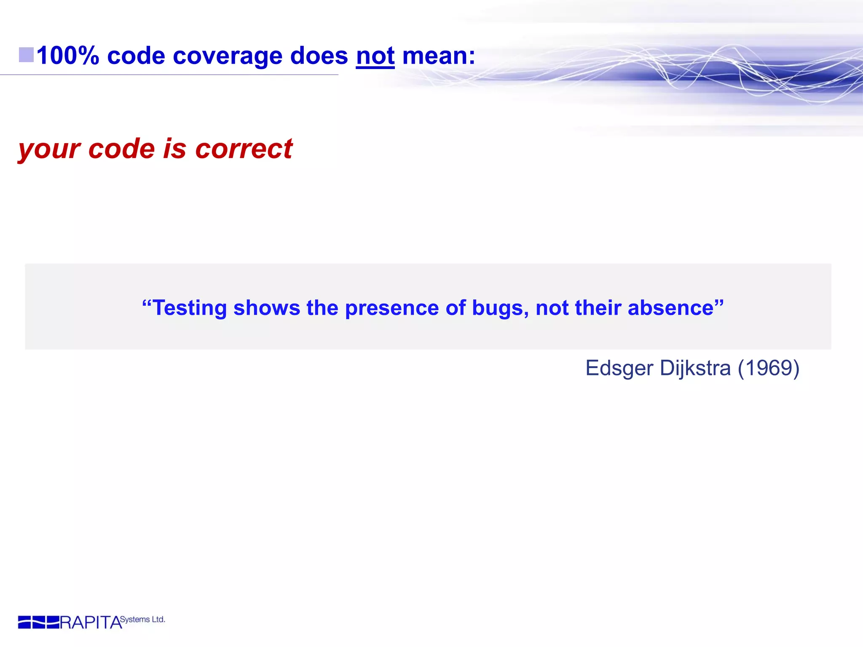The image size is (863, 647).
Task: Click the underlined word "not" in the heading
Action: click(375, 56)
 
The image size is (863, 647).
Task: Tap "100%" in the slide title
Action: click(68, 56)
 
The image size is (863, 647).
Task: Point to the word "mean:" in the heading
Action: click(439, 56)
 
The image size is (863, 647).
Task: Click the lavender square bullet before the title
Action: click(26, 55)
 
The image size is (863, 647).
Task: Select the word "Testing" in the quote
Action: click(189, 308)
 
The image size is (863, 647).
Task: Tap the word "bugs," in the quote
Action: click(500, 308)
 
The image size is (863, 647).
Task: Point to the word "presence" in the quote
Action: click(391, 308)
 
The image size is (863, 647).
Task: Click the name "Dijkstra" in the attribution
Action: click(695, 369)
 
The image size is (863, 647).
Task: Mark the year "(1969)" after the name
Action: click(768, 368)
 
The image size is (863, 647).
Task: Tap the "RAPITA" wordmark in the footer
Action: click(91, 623)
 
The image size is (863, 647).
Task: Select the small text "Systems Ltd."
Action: click(142, 619)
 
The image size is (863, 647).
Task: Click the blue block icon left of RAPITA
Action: click(38, 622)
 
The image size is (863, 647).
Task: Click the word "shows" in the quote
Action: click(267, 308)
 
